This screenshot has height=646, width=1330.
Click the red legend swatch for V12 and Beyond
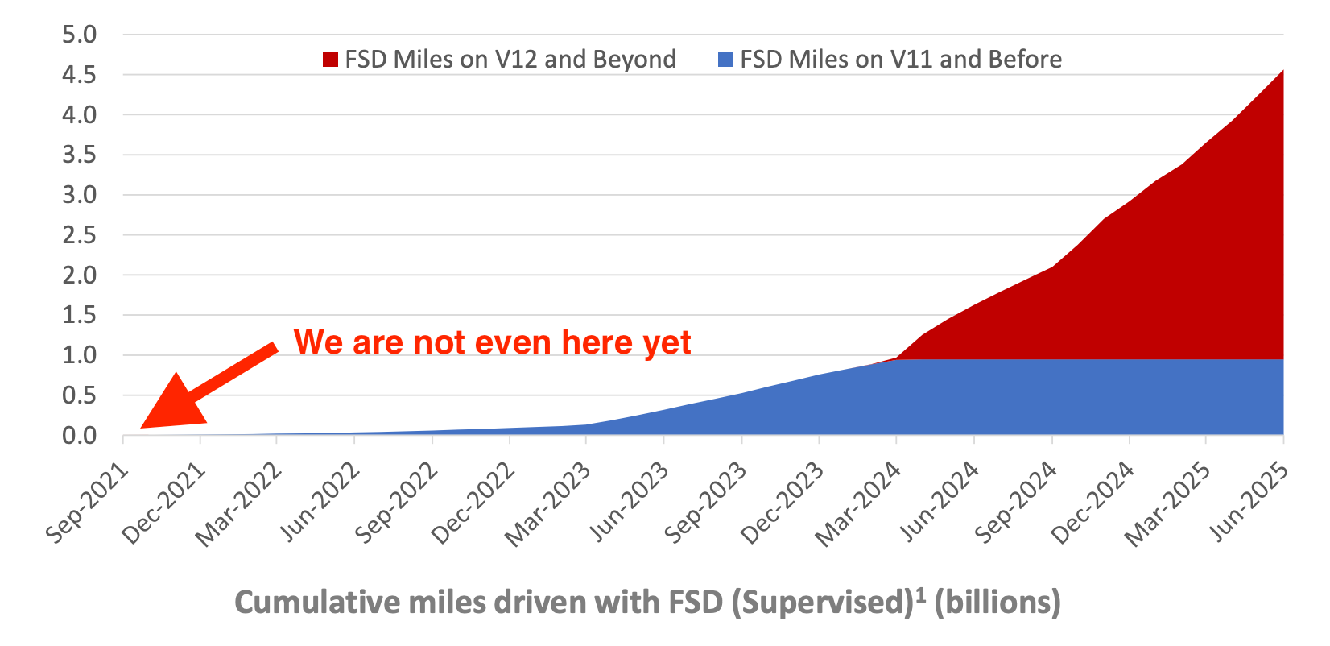[x=330, y=60]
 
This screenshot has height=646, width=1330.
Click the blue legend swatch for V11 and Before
[x=725, y=60]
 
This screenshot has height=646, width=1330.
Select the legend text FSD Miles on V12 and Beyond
[x=510, y=60]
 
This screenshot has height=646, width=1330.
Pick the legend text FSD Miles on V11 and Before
[x=901, y=60]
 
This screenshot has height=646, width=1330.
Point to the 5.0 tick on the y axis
[x=79, y=35]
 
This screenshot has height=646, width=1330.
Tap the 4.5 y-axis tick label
[x=79, y=75]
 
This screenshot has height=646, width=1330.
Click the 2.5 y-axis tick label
[x=79, y=235]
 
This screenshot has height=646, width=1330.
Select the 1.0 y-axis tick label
[x=79, y=355]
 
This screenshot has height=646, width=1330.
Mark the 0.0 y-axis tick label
[x=79, y=436]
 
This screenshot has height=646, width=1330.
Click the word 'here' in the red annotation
[x=597, y=342]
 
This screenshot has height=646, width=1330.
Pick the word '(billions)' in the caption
[x=997, y=603]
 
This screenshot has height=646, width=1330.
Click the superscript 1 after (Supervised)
[x=920, y=594]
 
